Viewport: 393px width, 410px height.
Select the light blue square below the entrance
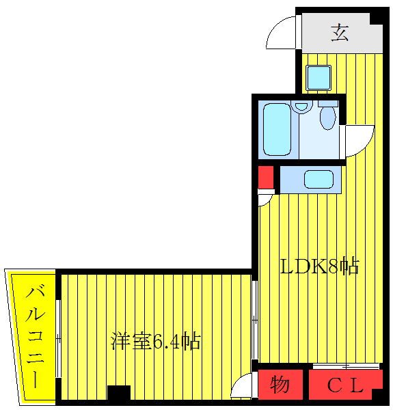click(x=319, y=77)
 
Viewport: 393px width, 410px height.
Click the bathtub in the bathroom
click(x=278, y=130)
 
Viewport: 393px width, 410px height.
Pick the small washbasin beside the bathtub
click(x=301, y=106)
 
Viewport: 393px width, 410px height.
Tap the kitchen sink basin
click(x=318, y=180)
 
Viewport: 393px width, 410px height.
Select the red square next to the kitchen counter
click(x=266, y=178)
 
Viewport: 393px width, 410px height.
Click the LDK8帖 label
click(x=320, y=266)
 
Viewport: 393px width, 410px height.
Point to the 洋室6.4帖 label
click(x=156, y=341)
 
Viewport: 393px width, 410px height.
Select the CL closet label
click(x=344, y=385)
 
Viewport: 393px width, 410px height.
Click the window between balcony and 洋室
click(x=57, y=335)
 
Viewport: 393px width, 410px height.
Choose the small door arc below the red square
click(x=265, y=200)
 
